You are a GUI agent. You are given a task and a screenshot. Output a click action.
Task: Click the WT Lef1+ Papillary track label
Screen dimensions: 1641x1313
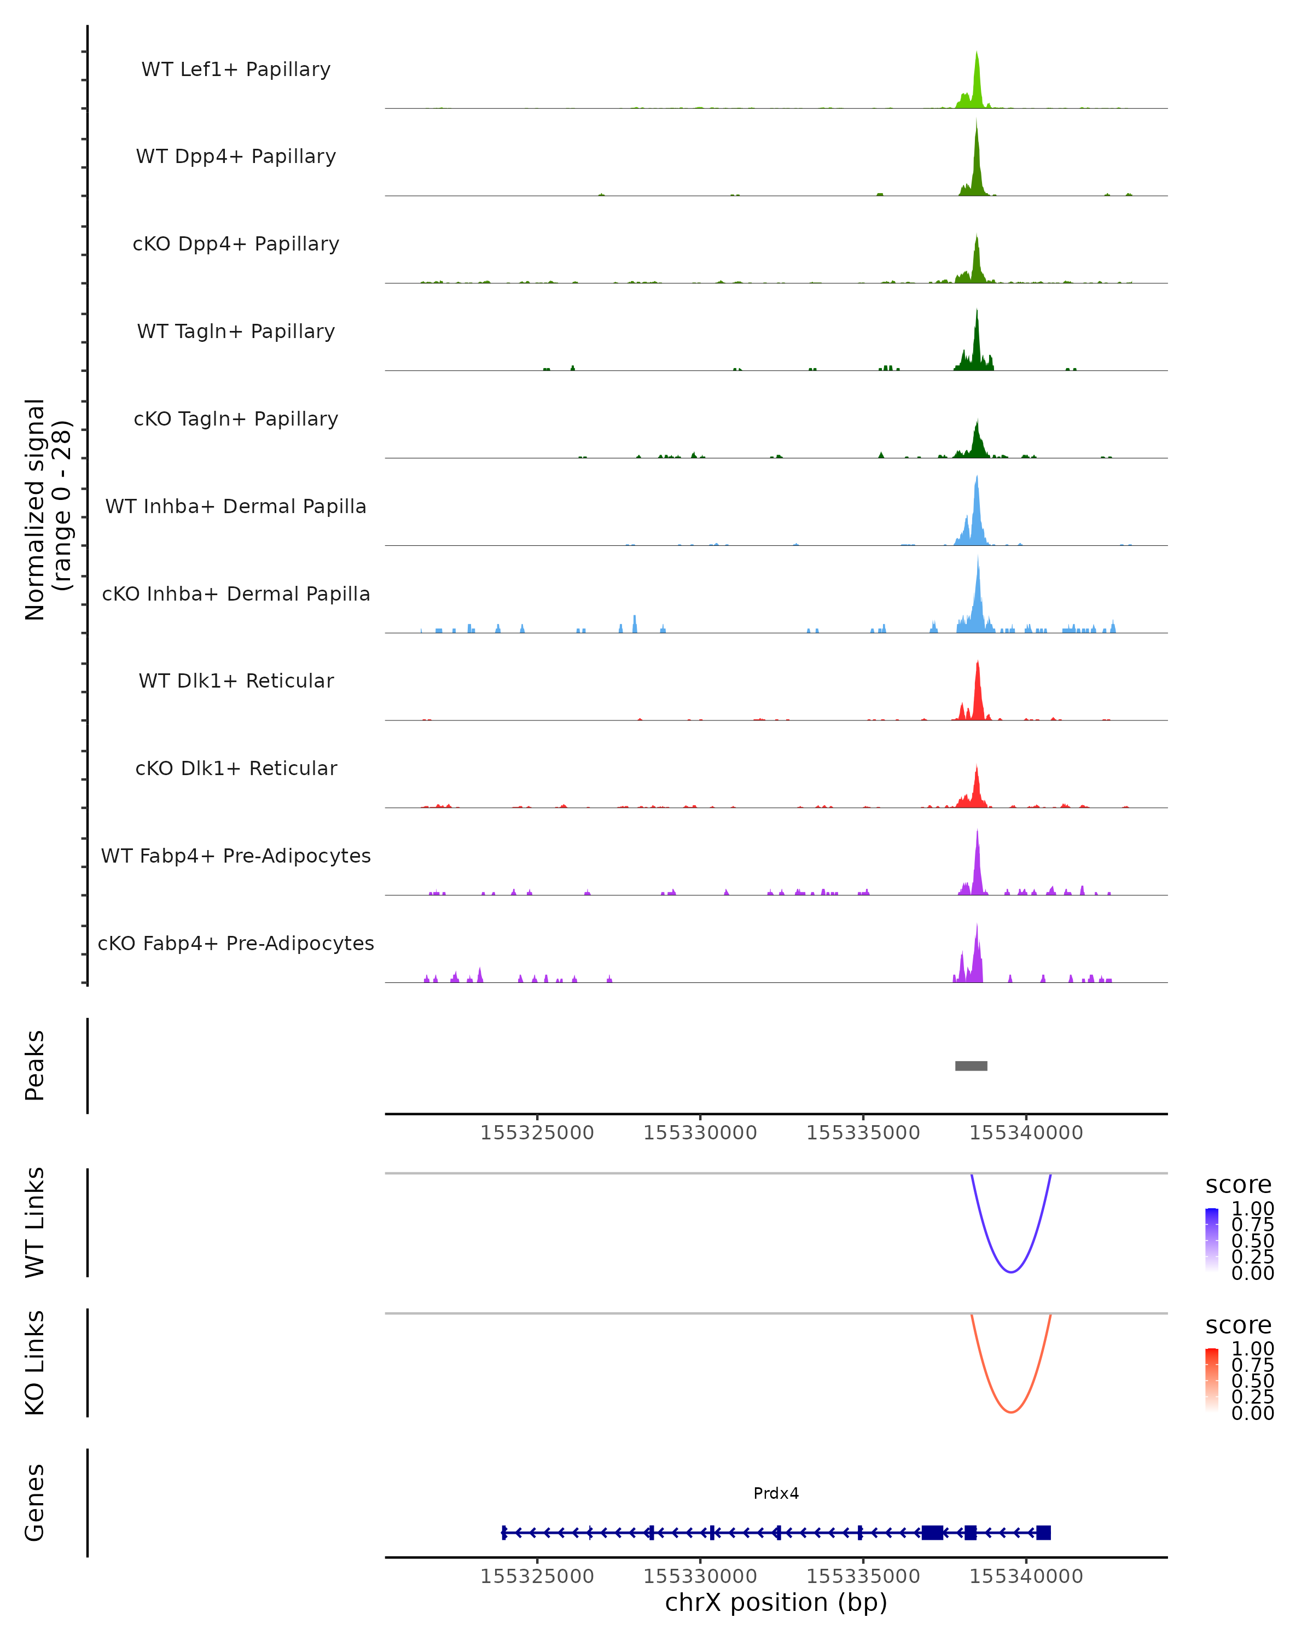(236, 69)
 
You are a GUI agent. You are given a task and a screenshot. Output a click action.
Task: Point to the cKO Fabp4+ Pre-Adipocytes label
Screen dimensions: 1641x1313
(236, 943)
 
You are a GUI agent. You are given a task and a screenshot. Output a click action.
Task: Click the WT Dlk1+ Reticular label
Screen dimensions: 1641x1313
(236, 680)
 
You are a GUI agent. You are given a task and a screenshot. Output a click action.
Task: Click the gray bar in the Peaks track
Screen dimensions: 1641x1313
(971, 1066)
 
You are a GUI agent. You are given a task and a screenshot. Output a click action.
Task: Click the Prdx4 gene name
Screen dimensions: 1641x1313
(776, 1493)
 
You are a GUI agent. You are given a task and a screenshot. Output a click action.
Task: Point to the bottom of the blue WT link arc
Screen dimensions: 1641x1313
(1011, 1272)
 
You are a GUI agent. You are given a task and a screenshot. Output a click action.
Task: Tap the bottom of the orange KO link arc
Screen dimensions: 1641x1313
(1011, 1412)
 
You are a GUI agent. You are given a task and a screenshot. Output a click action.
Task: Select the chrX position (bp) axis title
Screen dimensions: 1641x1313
(776, 1602)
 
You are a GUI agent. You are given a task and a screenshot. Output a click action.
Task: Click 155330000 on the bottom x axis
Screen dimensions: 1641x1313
(700, 1576)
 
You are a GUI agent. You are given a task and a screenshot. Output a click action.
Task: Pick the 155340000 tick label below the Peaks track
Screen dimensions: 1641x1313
(1025, 1133)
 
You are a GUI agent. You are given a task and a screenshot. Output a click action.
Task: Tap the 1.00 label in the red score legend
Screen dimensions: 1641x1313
(1252, 1349)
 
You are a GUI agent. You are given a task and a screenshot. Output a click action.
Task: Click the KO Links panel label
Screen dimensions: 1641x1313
(35, 1363)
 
